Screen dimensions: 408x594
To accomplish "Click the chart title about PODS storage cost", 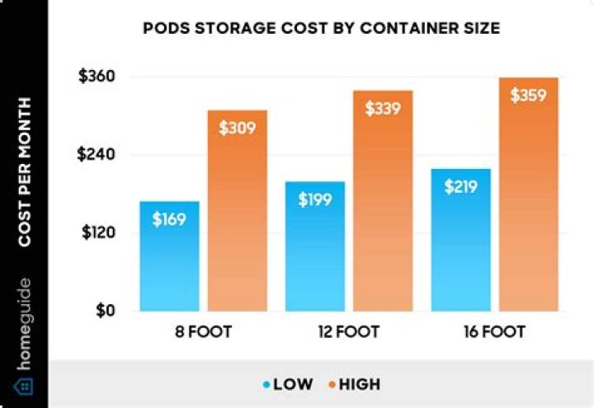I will click(321, 29).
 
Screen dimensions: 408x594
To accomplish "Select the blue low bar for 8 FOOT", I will click(169, 264).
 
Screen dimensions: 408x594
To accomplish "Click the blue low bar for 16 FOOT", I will click(461, 247).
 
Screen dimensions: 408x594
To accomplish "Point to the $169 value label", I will click(169, 219).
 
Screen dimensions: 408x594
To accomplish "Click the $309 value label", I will click(237, 128).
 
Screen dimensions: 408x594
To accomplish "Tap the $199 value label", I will click(315, 199).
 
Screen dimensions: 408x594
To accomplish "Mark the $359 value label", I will click(529, 95).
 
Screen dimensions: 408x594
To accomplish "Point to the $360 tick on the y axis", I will click(97, 77).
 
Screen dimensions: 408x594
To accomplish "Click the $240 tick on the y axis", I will click(97, 155).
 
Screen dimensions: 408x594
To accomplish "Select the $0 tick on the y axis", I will click(105, 312).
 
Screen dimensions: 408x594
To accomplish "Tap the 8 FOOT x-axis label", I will click(203, 333).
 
